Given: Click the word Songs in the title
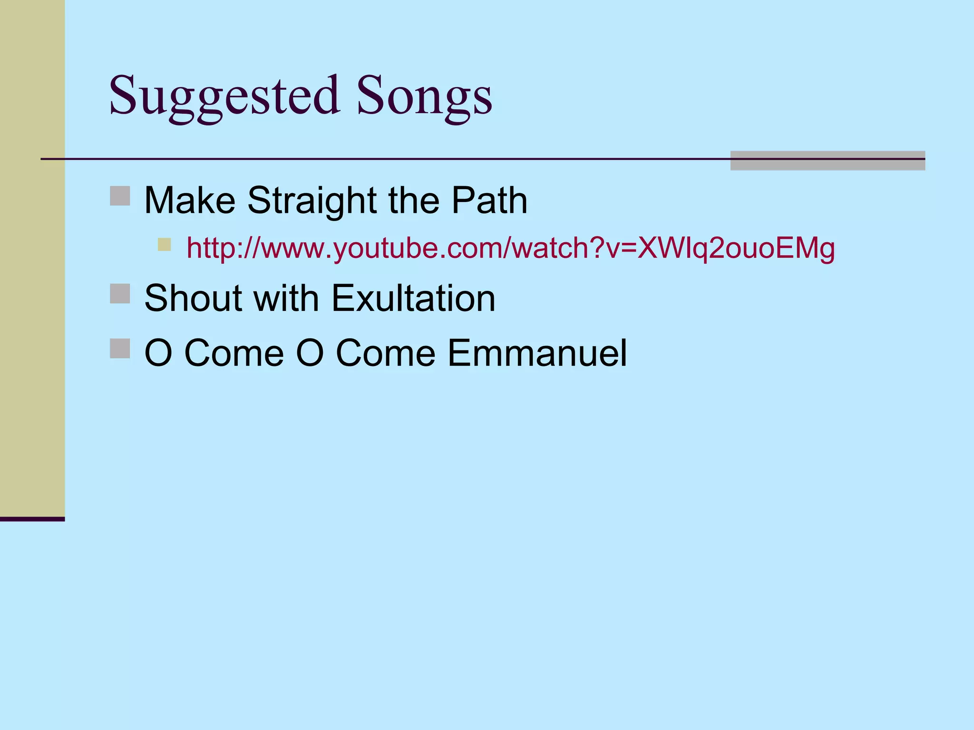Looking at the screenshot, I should (424, 97).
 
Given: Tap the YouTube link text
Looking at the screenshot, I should (510, 248).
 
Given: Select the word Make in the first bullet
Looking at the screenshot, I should (189, 201).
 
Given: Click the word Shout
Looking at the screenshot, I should (193, 298).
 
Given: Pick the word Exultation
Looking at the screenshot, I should (413, 298).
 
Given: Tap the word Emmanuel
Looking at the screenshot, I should (537, 353).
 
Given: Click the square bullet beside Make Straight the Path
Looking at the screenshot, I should (120, 196).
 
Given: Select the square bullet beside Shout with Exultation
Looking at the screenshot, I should (120, 294).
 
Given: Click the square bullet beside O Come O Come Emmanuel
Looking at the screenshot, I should (120, 348).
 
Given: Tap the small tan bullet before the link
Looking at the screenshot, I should (164, 244).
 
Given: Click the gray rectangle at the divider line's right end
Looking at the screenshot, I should (828, 161).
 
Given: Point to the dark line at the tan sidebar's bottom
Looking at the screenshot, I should (32, 519).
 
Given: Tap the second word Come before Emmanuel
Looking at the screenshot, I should (385, 353).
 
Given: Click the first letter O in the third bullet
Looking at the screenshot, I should (158, 353).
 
